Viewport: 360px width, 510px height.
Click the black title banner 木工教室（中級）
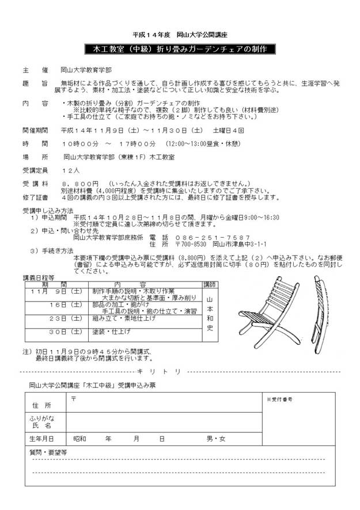pos(180,49)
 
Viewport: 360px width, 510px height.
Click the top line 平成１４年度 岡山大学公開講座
pos(180,35)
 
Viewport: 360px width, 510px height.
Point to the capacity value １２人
pos(71,171)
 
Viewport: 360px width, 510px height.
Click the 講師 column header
pos(210,284)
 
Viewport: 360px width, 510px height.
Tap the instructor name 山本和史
pos(210,314)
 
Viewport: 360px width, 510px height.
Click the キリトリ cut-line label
pos(160,371)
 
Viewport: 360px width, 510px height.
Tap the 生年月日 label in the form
pos(44,439)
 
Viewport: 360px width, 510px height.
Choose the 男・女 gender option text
pos(217,439)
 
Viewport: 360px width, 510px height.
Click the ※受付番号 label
pos(279,399)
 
